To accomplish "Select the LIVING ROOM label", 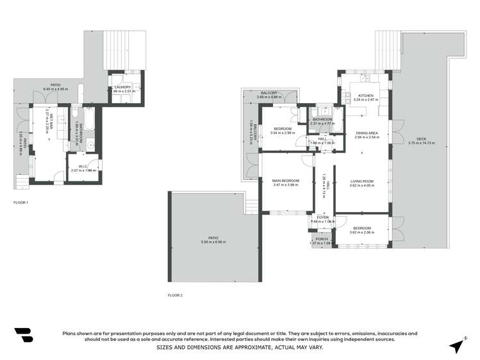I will pyautogui.click(x=362, y=181).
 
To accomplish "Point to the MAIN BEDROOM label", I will pyautogui.click(x=286, y=181).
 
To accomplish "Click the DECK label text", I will pyautogui.click(x=421, y=138).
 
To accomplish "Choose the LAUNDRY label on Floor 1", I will pyautogui.click(x=122, y=87).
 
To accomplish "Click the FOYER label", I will pyautogui.click(x=322, y=217).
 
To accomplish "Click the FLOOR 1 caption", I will pyautogui.click(x=21, y=202).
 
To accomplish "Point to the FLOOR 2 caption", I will pyautogui.click(x=175, y=295).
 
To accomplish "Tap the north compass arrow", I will pyautogui.click(x=456, y=345).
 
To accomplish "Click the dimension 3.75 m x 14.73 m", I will pyautogui.click(x=421, y=143).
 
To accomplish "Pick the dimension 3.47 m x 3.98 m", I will pyautogui.click(x=286, y=185).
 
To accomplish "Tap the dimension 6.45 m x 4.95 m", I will pyautogui.click(x=56, y=88).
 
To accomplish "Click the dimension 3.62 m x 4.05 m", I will pyautogui.click(x=362, y=186).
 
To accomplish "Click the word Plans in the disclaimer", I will pyautogui.click(x=69, y=333).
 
